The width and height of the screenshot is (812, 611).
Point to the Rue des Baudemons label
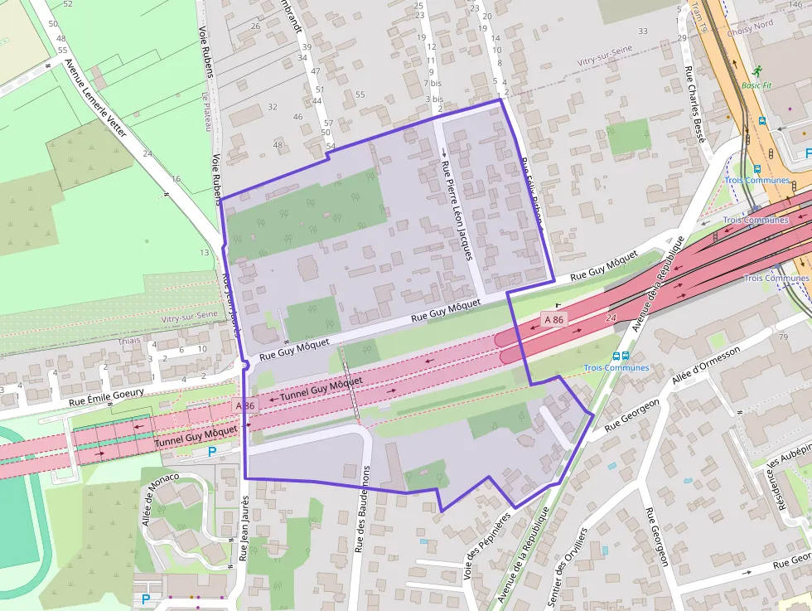tap(363, 508)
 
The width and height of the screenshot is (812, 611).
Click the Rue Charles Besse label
tap(694, 107)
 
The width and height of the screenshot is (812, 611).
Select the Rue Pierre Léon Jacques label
tap(457, 206)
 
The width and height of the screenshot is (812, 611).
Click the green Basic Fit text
tap(756, 85)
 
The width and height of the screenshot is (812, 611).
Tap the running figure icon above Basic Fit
tap(756, 70)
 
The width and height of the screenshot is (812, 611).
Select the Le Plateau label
tap(204, 111)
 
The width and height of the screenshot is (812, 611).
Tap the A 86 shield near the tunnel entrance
tap(553, 319)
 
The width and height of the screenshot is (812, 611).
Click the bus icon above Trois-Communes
tap(616, 356)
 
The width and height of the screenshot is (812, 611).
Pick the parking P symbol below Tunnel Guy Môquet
tap(211, 452)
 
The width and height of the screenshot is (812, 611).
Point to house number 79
tap(783, 337)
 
